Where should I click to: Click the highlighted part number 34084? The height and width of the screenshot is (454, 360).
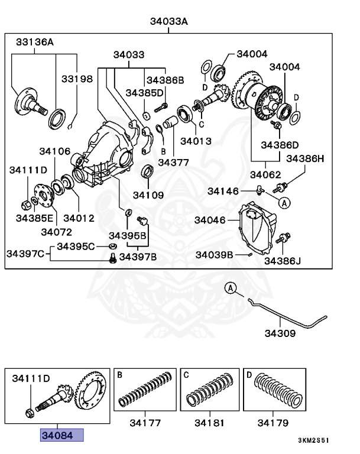(x=61, y=436)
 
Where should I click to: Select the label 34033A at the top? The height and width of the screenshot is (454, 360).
(x=168, y=21)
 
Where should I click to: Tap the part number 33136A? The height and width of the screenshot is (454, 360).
(x=34, y=42)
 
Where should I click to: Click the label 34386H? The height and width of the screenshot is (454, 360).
(x=305, y=159)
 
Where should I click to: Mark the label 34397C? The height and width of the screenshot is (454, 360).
(x=25, y=254)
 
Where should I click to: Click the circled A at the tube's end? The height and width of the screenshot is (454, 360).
(x=231, y=288)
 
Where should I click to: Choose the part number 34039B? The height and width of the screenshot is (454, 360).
(x=214, y=255)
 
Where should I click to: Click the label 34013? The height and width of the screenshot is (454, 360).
(x=196, y=141)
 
